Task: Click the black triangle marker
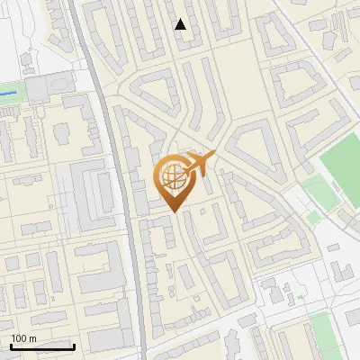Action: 181,24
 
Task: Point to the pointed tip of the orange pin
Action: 171,211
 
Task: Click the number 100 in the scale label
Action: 19,338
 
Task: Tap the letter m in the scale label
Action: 32,338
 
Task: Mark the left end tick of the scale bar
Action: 10,346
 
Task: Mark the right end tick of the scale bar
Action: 74,346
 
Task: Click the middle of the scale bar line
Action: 41,347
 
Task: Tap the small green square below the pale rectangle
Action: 313,217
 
